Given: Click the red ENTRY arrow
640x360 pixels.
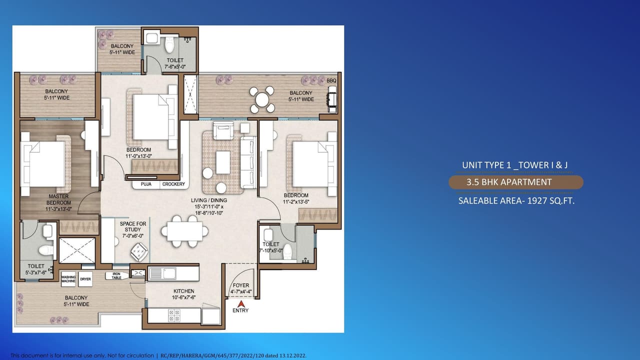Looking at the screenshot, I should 240,303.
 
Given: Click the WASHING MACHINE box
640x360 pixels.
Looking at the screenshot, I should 68,279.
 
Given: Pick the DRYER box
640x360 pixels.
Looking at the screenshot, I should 85,278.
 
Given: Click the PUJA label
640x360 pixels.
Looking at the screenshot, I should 146,184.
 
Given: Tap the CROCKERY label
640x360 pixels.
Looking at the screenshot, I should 173,184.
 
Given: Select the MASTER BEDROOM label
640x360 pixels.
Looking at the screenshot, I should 58,199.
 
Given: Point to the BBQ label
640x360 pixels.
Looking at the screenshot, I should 331,80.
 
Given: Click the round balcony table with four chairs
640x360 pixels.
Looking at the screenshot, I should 262,99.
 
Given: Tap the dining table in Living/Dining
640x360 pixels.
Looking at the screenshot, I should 184,231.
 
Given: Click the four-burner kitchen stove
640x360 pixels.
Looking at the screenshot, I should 174,315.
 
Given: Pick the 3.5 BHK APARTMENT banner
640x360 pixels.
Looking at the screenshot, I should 515,182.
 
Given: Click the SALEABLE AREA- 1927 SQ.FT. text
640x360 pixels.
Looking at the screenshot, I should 515,201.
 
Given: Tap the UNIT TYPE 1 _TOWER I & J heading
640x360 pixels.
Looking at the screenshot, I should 515,165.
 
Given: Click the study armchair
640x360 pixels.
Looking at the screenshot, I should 138,251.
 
